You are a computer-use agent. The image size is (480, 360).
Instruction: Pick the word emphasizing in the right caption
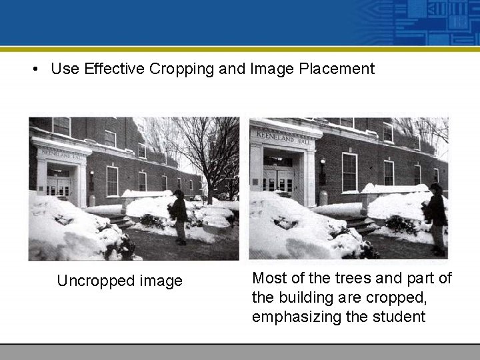(x=297, y=317)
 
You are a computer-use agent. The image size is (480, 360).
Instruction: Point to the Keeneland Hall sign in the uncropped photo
(x=61, y=153)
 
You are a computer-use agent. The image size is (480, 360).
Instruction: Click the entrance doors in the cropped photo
(x=279, y=179)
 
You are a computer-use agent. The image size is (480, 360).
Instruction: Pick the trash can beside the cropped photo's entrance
(x=323, y=198)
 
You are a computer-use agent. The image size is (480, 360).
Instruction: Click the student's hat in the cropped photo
(x=435, y=188)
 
